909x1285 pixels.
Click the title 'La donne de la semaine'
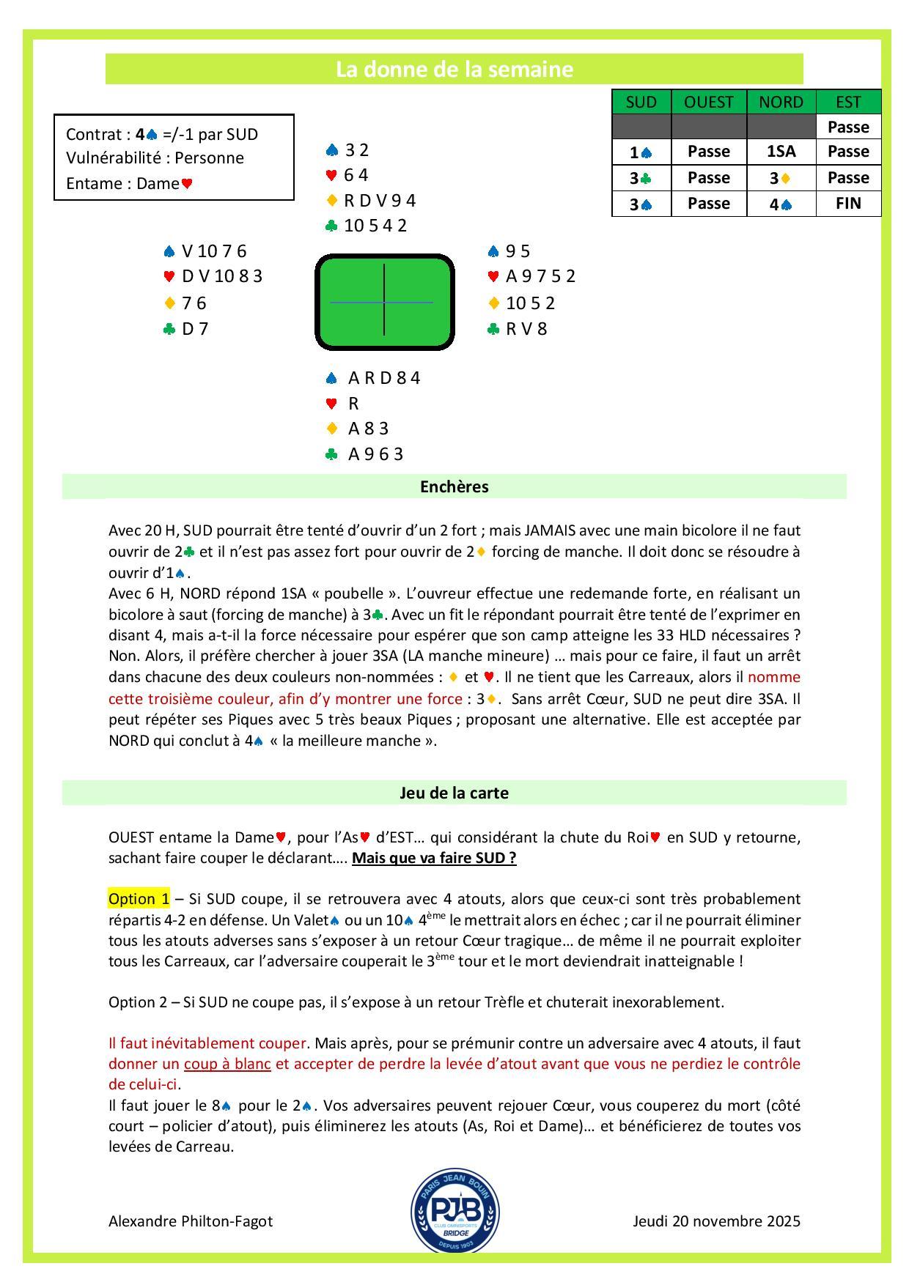454,70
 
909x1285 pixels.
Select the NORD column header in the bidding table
781,102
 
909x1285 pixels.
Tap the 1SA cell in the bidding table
781,152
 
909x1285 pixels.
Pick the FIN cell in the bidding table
847,203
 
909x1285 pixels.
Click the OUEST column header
708,102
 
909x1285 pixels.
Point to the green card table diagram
384,302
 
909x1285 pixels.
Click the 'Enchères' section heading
454,487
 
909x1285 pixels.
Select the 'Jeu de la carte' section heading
454,793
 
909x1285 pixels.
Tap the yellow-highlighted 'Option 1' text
139,899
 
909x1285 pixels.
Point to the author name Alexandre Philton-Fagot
191,1221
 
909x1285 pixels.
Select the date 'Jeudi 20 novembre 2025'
716,1221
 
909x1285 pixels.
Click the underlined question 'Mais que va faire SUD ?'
434,858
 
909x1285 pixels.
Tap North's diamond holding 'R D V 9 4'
380,201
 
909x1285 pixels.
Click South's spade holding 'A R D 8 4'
383,378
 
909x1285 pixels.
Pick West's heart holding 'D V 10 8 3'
221,277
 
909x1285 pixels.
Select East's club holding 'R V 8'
526,329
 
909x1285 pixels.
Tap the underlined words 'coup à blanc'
227,1064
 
